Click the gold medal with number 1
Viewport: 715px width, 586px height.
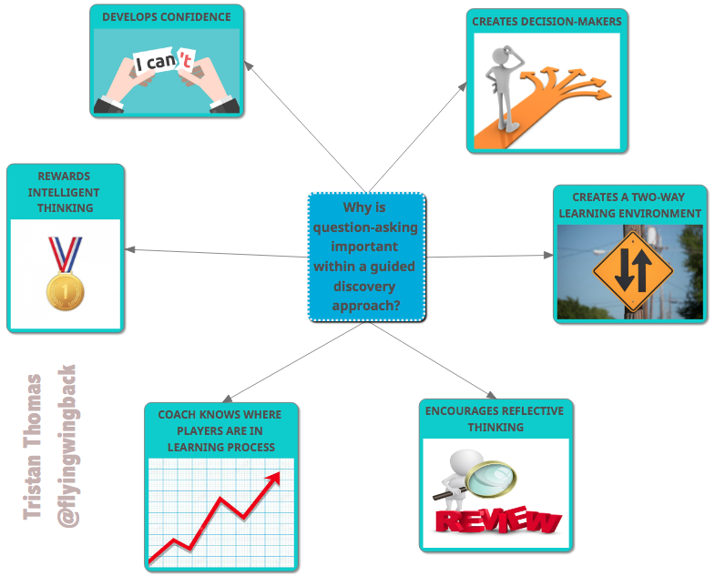pos(65,291)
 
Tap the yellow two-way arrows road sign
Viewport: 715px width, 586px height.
pos(633,270)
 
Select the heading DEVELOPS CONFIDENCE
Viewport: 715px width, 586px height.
pos(167,16)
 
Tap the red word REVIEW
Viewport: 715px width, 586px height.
pos(497,520)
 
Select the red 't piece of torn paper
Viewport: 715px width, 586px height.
pos(186,62)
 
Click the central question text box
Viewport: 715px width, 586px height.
pos(366,257)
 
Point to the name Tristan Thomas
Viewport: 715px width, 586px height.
pos(34,446)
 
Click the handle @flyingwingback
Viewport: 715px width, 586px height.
pos(66,446)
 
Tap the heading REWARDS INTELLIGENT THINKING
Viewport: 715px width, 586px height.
pos(64,193)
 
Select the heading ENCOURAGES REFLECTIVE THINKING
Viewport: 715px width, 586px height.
pos(495,419)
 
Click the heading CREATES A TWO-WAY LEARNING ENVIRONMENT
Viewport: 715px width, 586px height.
pos(630,205)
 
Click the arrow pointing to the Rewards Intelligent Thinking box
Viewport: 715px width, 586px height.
pos(132,249)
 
